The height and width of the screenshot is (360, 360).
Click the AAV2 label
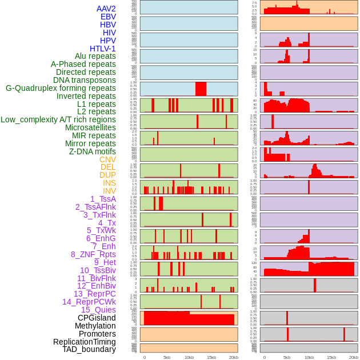point(106,9)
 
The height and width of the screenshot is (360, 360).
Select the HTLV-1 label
point(103,49)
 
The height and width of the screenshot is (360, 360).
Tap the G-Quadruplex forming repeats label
point(61,89)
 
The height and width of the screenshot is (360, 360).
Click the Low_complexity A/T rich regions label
point(58,119)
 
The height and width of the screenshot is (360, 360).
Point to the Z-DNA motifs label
point(93,151)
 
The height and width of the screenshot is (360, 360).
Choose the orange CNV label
point(107,159)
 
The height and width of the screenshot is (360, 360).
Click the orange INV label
point(109,191)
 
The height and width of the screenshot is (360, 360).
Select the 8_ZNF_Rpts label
point(93,254)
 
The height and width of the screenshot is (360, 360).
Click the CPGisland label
point(97,318)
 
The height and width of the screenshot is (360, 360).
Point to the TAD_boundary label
point(89,349)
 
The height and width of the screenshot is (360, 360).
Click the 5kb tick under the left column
point(167,357)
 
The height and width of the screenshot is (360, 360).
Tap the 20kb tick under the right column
point(354,357)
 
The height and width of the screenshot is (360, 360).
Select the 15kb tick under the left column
point(211,357)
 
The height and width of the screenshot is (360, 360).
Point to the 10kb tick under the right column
point(309,357)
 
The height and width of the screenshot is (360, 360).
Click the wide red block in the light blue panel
point(201,89)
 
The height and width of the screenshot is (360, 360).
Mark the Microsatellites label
point(90,127)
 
